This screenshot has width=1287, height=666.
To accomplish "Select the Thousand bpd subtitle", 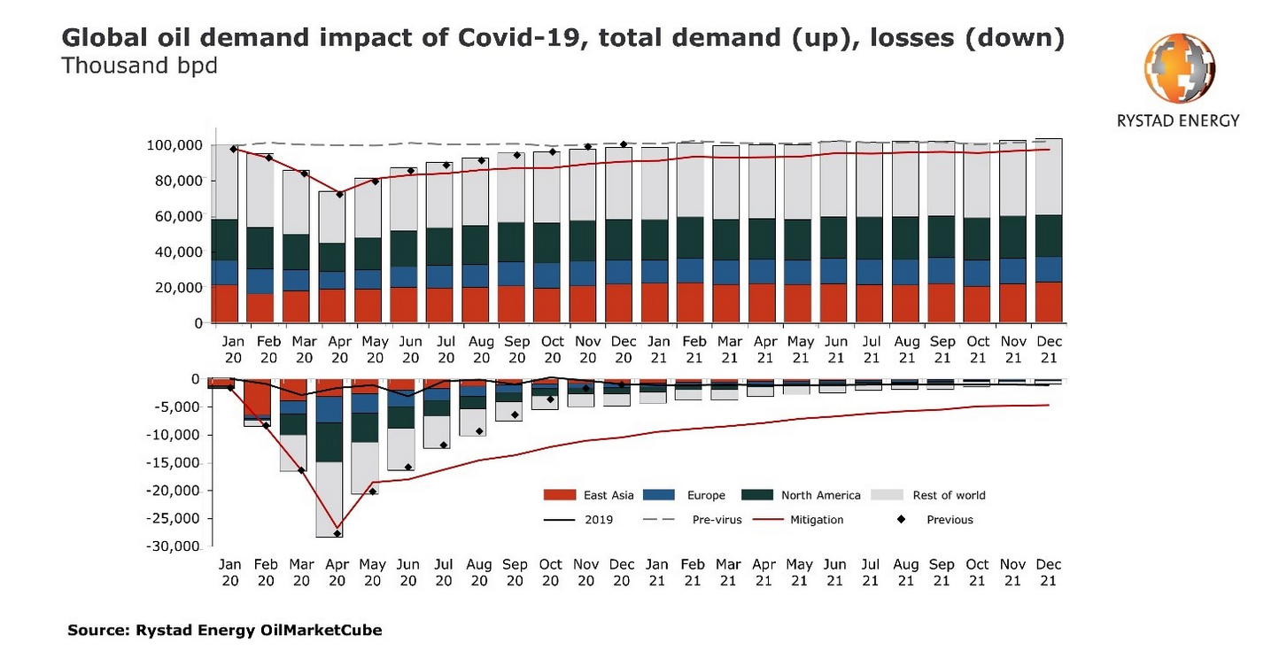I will click(x=139, y=66).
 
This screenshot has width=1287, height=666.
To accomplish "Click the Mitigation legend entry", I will click(x=817, y=520).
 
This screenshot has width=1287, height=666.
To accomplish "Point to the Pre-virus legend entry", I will click(x=716, y=520).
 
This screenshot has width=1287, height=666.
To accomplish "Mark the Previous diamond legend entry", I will click(x=950, y=520).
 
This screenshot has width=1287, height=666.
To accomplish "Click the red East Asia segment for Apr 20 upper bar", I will click(x=332, y=306).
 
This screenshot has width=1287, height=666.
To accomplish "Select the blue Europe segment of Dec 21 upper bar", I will click(x=1049, y=269).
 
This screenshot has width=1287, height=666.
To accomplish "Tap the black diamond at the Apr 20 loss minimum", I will click(x=338, y=533).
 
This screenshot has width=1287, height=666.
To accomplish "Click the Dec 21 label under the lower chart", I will click(x=1049, y=572).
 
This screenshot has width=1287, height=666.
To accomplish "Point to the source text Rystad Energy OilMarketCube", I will click(x=259, y=631).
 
